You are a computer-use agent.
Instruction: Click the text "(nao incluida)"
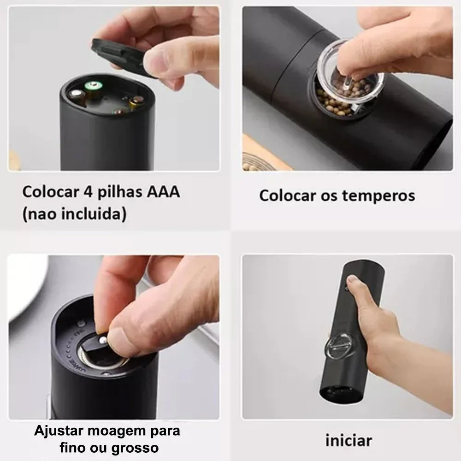[74, 214]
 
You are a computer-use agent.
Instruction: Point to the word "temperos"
[378, 195]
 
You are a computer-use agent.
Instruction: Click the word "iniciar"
[348, 440]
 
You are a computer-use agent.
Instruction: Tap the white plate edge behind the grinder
[28, 295]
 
